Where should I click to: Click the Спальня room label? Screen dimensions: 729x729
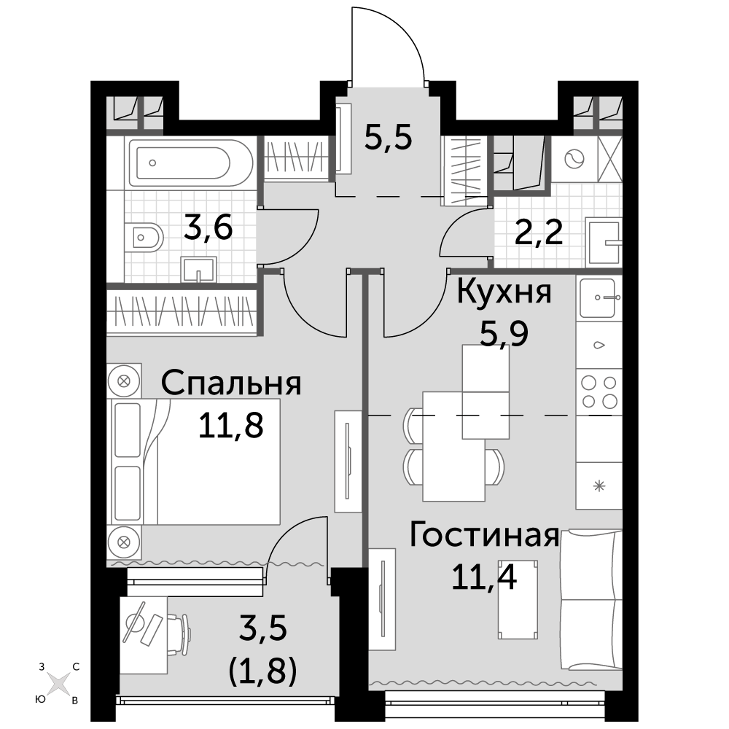(231, 383)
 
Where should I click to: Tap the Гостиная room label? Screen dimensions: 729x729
(484, 535)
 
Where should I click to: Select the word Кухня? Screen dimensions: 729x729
(504, 292)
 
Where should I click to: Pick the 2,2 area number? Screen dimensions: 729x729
(539, 233)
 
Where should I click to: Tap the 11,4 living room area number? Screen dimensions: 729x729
(484, 577)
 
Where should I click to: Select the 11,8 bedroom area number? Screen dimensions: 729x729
(230, 426)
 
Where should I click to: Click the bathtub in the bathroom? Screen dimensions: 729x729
(190, 163)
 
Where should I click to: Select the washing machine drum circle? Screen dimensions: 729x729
(574, 158)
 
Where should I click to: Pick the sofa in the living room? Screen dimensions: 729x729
(591, 599)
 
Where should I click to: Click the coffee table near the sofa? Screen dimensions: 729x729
(518, 599)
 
